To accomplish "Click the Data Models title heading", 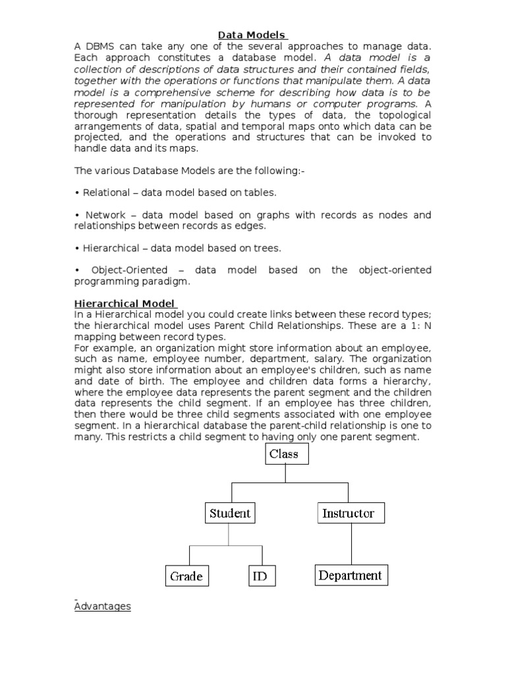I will pos(252,35).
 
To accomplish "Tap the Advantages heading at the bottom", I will pos(102,606).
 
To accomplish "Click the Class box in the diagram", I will pos(287,454).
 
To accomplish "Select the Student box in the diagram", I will pos(230,513).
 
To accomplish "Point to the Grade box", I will pos(186,575).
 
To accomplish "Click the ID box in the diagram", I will pos(262,575).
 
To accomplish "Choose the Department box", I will pos(350,575).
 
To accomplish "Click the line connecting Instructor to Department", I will pos(351,544).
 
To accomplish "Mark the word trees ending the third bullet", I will pos(268,249).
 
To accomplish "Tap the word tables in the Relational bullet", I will pos(262,193).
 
